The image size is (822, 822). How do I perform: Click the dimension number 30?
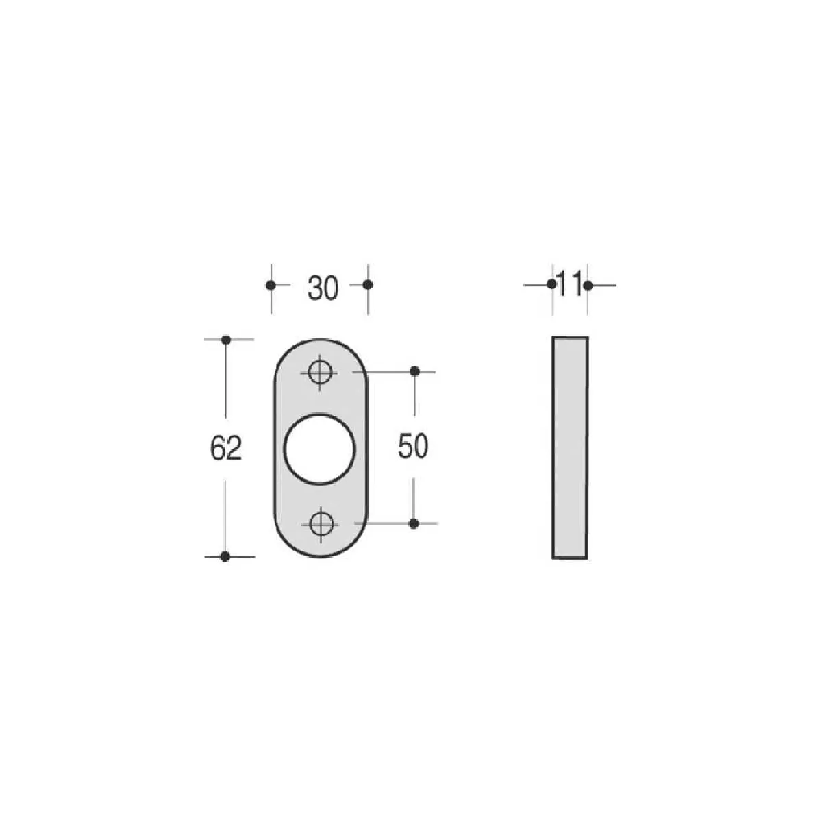tap(323, 288)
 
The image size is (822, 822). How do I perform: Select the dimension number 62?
tap(226, 448)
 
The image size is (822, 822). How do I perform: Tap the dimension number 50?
tap(413, 447)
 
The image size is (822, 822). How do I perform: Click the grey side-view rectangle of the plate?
tap(571, 447)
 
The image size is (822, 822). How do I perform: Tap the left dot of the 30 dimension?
tap(271, 286)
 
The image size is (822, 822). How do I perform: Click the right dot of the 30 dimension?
tap(368, 284)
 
